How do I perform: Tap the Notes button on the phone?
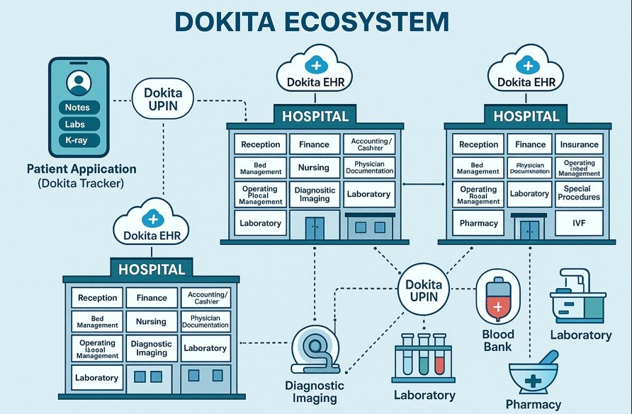[77, 108]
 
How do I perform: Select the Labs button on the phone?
[77, 124]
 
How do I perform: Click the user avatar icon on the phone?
[78, 83]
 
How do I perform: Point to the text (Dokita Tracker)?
[81, 184]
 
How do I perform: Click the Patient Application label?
[81, 170]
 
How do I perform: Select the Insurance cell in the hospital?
[579, 144]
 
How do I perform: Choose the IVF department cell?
[579, 223]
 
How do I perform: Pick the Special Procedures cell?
[579, 193]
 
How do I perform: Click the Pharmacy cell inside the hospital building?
[478, 223]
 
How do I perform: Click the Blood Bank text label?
[498, 340]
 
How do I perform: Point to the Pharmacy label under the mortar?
[534, 405]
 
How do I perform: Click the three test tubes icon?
[423, 356]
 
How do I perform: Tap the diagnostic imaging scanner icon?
[313, 351]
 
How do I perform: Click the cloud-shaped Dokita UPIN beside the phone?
[163, 100]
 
